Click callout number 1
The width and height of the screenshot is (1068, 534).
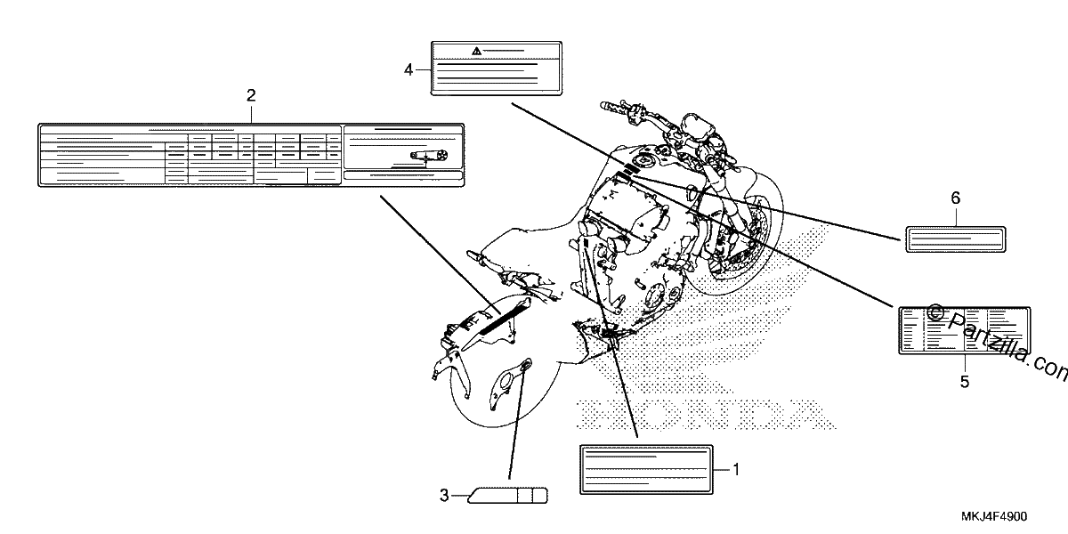tap(736, 470)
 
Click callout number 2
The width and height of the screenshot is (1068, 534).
tap(251, 95)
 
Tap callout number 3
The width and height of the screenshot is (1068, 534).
tap(444, 496)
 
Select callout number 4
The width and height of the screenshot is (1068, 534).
tap(409, 70)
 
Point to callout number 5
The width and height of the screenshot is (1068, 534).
tap(965, 382)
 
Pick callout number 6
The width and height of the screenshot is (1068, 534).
tap(956, 198)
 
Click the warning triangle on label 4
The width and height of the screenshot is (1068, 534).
tap(476, 51)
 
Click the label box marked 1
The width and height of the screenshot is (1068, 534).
tap(646, 470)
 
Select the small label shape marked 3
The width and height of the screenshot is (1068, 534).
tap(507, 496)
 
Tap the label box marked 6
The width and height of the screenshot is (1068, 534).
tap(956, 239)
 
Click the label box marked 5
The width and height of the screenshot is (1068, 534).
tap(965, 330)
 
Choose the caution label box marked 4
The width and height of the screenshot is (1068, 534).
tap(497, 69)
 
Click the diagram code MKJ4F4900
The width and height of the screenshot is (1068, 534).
tap(994, 516)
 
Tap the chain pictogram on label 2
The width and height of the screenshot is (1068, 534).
tap(429, 156)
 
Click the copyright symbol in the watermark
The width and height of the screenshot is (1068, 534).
tap(935, 312)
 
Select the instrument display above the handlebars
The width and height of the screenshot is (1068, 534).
tap(699, 126)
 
